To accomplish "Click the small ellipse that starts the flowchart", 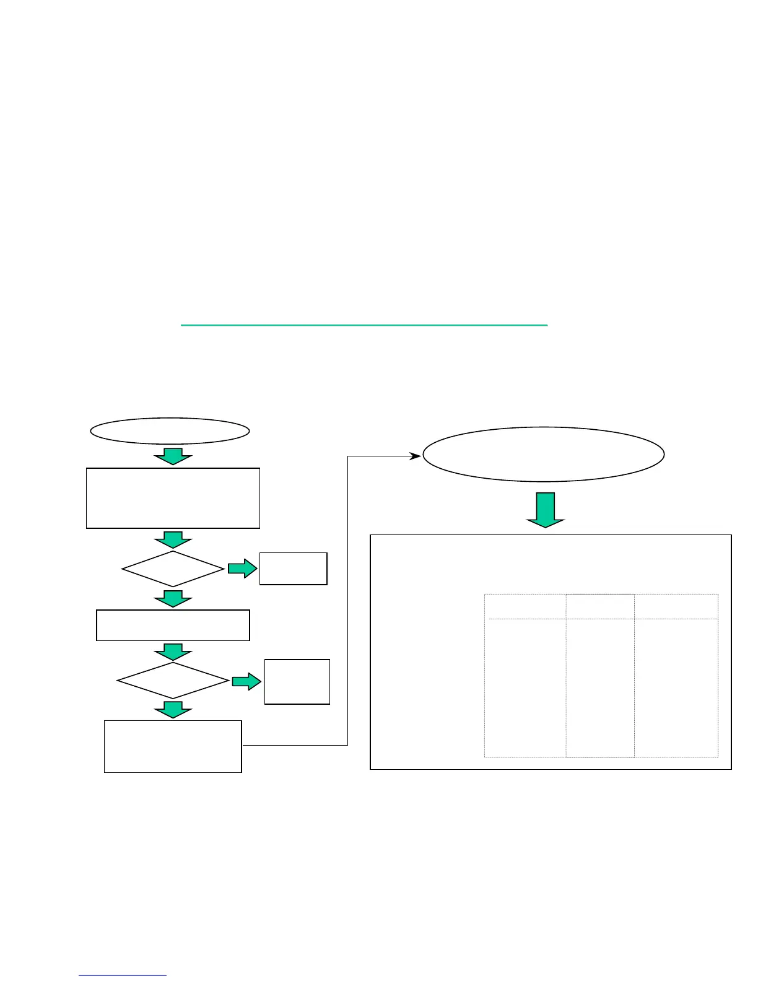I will (x=170, y=431).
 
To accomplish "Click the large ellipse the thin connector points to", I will (x=543, y=454).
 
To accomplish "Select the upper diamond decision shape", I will (x=173, y=569).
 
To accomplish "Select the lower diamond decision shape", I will (x=173, y=681).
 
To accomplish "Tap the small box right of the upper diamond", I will (x=293, y=569).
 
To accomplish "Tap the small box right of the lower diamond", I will (x=297, y=681).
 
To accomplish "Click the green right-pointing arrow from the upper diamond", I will (x=242, y=569).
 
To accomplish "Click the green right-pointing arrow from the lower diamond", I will (x=246, y=681).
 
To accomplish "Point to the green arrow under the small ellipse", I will (x=173, y=456).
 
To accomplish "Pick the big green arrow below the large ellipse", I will (x=545, y=510).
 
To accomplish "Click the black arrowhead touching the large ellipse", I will (x=416, y=456).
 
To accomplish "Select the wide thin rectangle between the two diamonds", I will (x=173, y=625).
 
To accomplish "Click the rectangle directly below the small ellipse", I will (x=173, y=498).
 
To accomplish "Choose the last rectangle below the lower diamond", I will (x=173, y=746).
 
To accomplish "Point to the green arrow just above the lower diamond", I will (x=173, y=652).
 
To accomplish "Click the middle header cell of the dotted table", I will (x=599, y=606).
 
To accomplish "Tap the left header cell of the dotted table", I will (x=525, y=606).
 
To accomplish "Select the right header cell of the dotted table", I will (x=676, y=606).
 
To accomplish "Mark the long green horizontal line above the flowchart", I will (x=364, y=325).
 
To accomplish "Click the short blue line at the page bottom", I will (x=123, y=976).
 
